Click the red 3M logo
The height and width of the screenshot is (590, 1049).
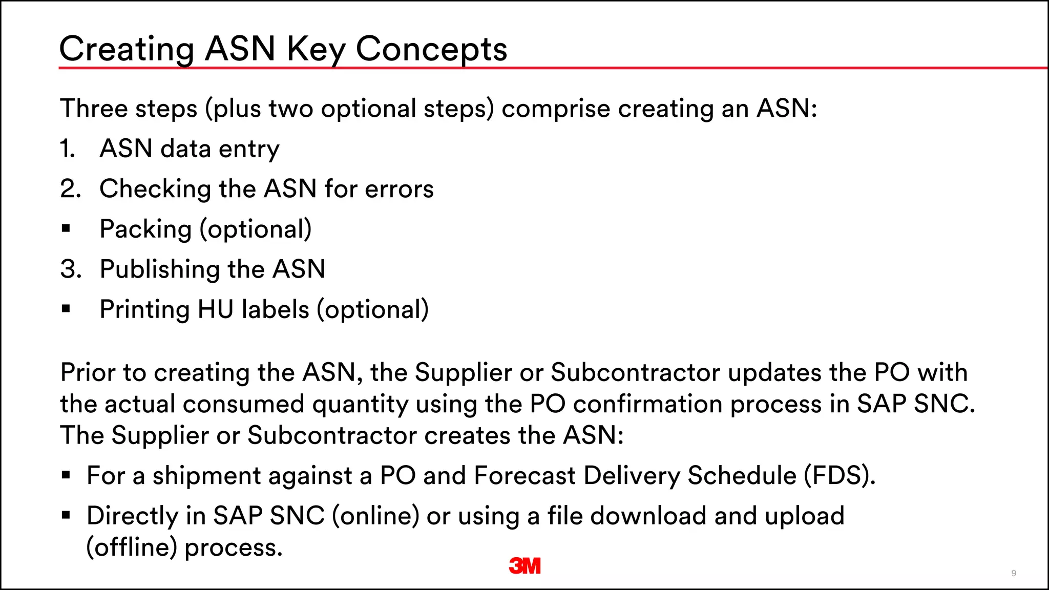pyautogui.click(x=525, y=565)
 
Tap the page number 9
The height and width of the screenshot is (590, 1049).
pyautogui.click(x=1014, y=573)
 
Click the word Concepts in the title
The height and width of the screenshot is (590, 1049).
pyautogui.click(x=431, y=49)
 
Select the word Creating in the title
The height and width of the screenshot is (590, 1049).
pyautogui.click(x=127, y=49)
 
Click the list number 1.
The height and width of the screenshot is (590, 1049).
pyautogui.click(x=68, y=149)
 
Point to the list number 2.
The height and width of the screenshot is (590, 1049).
pyautogui.click(x=70, y=189)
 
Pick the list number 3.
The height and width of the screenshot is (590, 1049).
pyautogui.click(x=70, y=269)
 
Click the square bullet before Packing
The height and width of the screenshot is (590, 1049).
pyautogui.click(x=66, y=228)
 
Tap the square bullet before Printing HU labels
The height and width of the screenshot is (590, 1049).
pyautogui.click(x=66, y=309)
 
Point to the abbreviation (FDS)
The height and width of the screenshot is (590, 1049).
pyautogui.click(x=840, y=476)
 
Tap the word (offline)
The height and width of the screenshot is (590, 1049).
pyautogui.click(x=132, y=547)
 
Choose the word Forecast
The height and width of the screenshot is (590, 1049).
pyautogui.click(x=525, y=476)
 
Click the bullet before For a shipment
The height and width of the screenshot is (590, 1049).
pyautogui.click(x=66, y=475)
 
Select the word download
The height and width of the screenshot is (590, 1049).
pyautogui.click(x=648, y=516)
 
